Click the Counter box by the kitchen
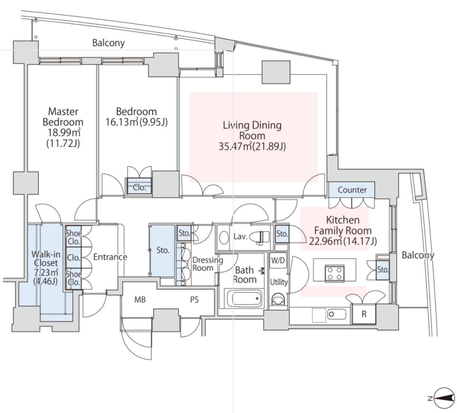[x=352, y=190]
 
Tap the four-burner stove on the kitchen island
[x=334, y=273]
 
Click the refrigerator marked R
[x=364, y=313]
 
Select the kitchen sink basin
[x=337, y=314]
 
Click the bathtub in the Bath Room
[x=244, y=298]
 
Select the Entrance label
[x=110, y=257]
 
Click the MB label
[x=141, y=300]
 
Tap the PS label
[x=194, y=300]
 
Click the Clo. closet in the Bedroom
[x=140, y=188]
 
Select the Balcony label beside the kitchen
[x=418, y=255]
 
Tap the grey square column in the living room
[x=276, y=71]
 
